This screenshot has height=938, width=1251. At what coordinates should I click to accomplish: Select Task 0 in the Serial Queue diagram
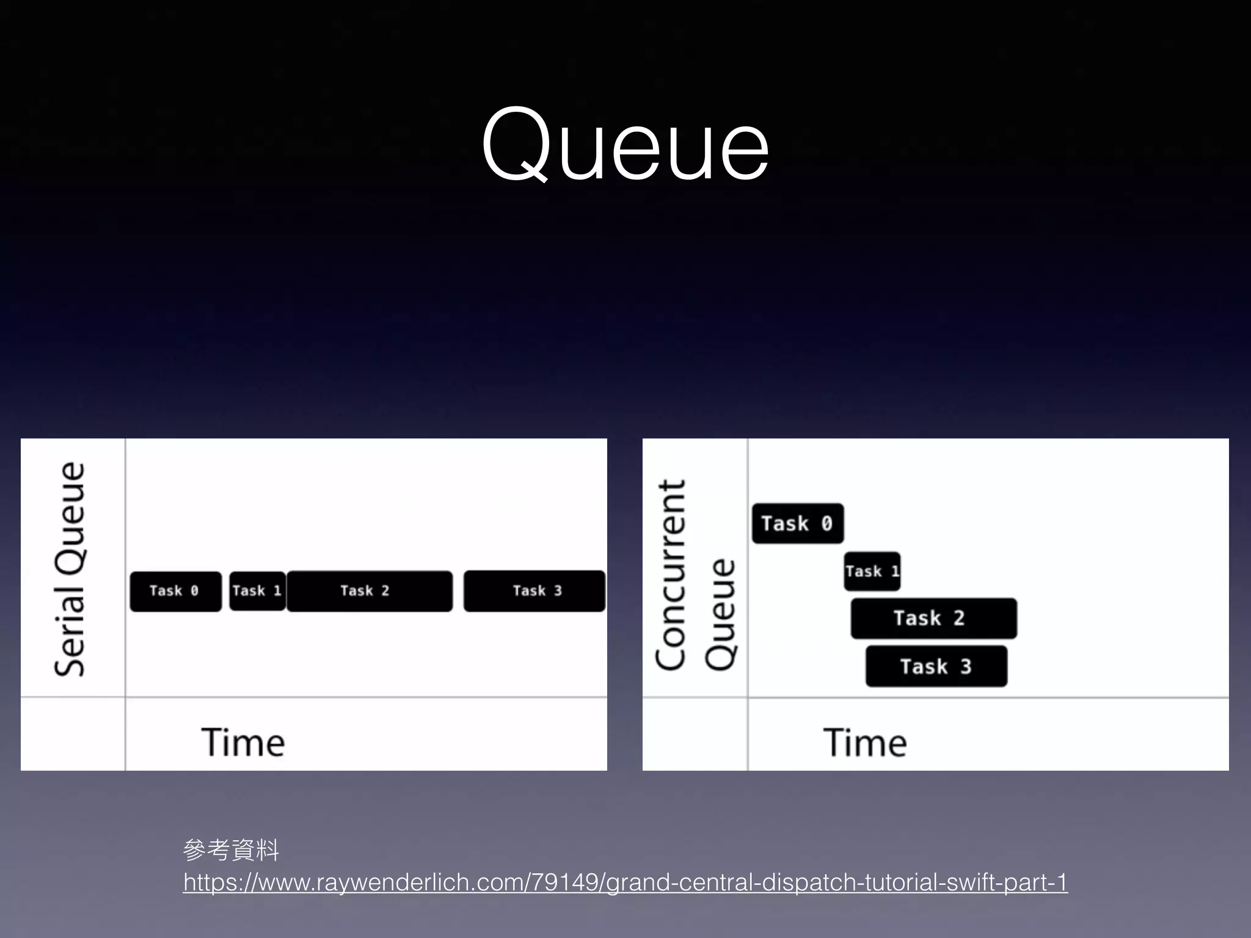point(175,591)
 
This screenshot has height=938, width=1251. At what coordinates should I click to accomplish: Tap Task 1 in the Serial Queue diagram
point(257,591)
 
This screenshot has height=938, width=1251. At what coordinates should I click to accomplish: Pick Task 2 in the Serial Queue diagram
point(370,591)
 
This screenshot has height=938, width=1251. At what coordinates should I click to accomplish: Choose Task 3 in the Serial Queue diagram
point(534,591)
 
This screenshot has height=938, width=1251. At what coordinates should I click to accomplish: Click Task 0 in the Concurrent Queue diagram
point(797,523)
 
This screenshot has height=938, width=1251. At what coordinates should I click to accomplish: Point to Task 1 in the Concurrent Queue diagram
point(872,572)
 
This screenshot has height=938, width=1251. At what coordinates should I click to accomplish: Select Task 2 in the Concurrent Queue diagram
point(933,618)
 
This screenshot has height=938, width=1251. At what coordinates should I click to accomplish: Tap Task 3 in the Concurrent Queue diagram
point(936,666)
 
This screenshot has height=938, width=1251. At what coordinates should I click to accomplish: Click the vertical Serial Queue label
point(70,569)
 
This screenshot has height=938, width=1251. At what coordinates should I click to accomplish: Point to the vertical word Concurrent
point(671,575)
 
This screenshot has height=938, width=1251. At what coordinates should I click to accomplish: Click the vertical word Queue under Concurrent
point(721,614)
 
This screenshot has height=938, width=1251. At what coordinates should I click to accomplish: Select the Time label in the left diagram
point(243,743)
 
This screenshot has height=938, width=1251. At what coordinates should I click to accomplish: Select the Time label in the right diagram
point(865,743)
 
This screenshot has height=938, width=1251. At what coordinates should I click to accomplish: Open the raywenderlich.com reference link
point(625,882)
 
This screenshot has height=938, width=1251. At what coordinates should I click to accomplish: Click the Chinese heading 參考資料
point(231,849)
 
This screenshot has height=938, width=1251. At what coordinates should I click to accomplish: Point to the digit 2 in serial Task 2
point(385,591)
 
